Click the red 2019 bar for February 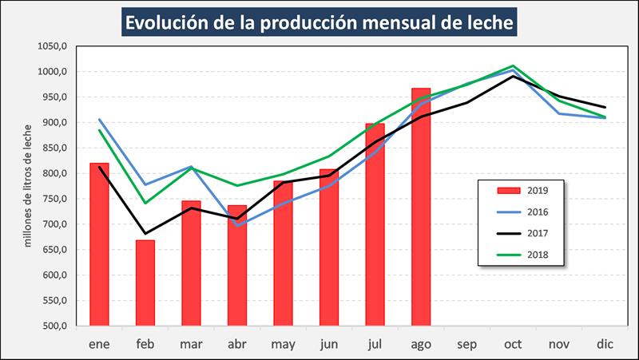coord(145,283)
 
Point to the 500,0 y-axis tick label coord(54,326)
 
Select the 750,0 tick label coord(54,199)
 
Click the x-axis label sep coord(466,343)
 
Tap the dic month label coord(605,343)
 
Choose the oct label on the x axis coord(513,343)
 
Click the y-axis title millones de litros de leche coord(28,184)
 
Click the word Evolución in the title coord(170,22)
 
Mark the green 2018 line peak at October coord(513,66)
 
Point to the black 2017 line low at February coord(145,234)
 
